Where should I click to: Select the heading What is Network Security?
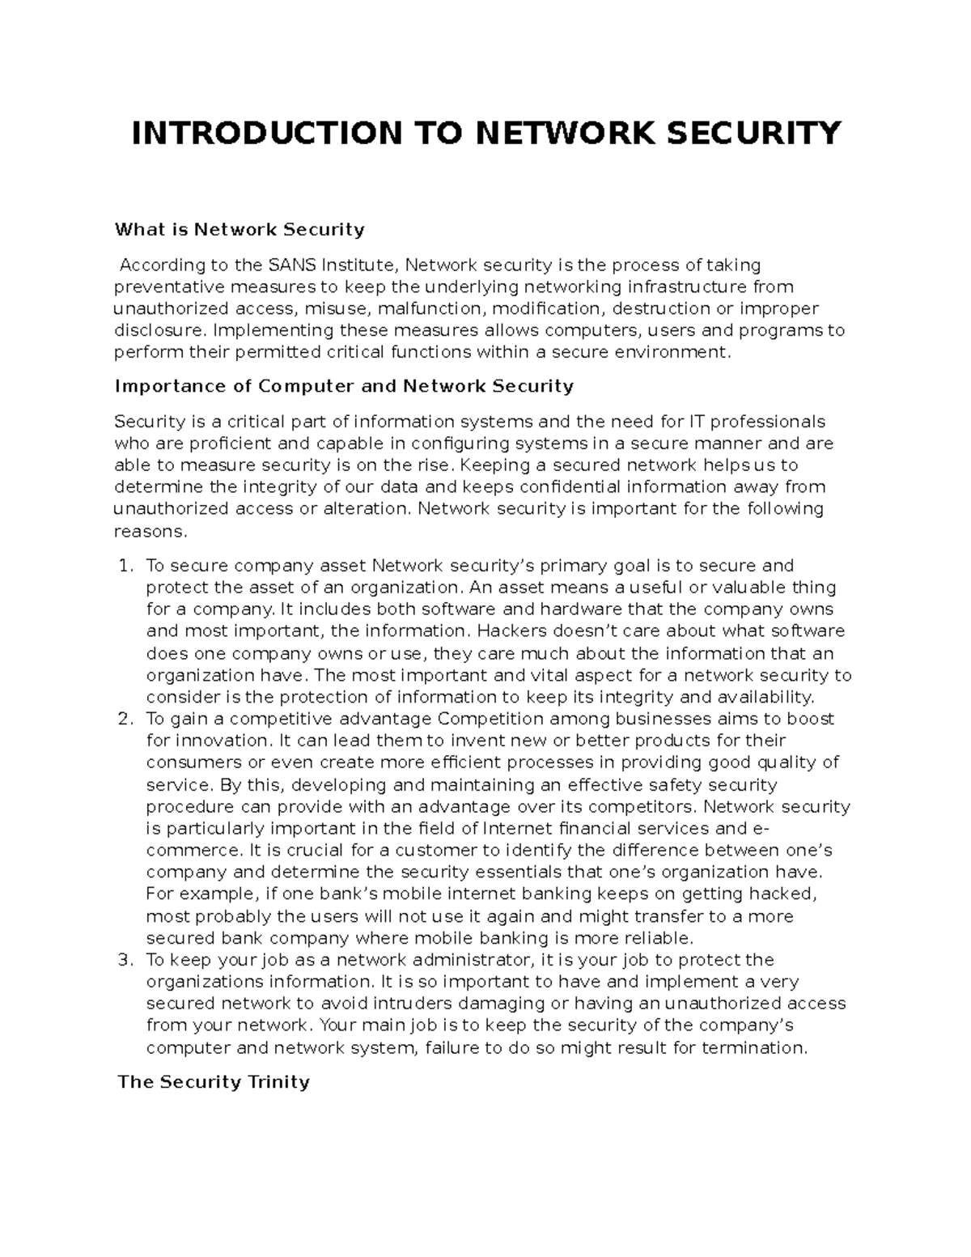pyautogui.click(x=240, y=230)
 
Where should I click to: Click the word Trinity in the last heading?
pyautogui.click(x=276, y=1082)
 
